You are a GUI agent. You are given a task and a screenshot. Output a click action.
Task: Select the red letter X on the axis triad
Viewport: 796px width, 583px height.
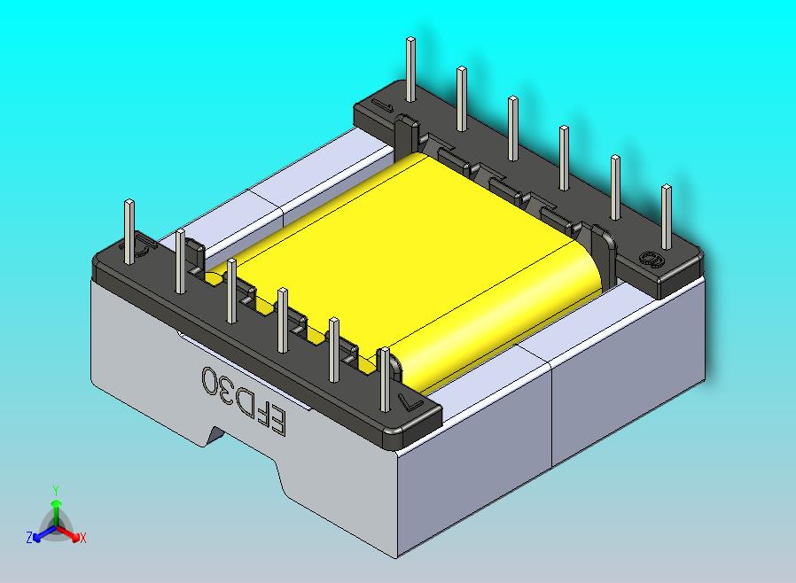pos(82,537)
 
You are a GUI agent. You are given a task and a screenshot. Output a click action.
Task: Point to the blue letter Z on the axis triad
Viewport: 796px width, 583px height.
pos(29,537)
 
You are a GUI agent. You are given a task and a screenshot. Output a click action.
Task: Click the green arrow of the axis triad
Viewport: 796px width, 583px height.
pos(55,509)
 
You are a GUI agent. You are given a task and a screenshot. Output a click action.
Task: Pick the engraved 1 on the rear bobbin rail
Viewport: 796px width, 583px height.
pos(383,107)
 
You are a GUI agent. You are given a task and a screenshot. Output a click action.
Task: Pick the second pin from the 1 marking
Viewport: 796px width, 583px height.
pos(461,97)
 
